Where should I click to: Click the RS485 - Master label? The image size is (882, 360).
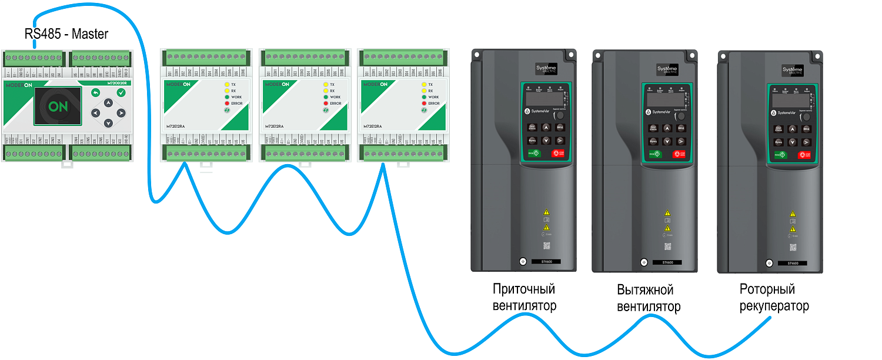click(x=66, y=34)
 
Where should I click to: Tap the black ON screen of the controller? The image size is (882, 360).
click(x=57, y=106)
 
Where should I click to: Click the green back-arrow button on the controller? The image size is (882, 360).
click(x=96, y=93)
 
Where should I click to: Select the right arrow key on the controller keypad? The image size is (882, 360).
click(x=121, y=113)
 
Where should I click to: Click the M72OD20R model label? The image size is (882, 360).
click(x=117, y=84)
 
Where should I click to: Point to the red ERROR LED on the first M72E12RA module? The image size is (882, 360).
click(x=226, y=104)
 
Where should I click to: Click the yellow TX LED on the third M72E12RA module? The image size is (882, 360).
click(x=424, y=85)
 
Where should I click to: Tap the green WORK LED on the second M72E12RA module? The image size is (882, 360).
click(x=325, y=97)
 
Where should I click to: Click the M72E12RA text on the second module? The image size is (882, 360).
click(x=275, y=126)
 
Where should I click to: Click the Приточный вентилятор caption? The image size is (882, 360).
click(x=524, y=298)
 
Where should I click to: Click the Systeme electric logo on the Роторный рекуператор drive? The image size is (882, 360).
click(x=791, y=71)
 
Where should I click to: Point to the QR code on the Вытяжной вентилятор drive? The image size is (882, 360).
click(x=667, y=246)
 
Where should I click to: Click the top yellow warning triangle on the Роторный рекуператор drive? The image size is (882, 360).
click(x=793, y=214)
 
